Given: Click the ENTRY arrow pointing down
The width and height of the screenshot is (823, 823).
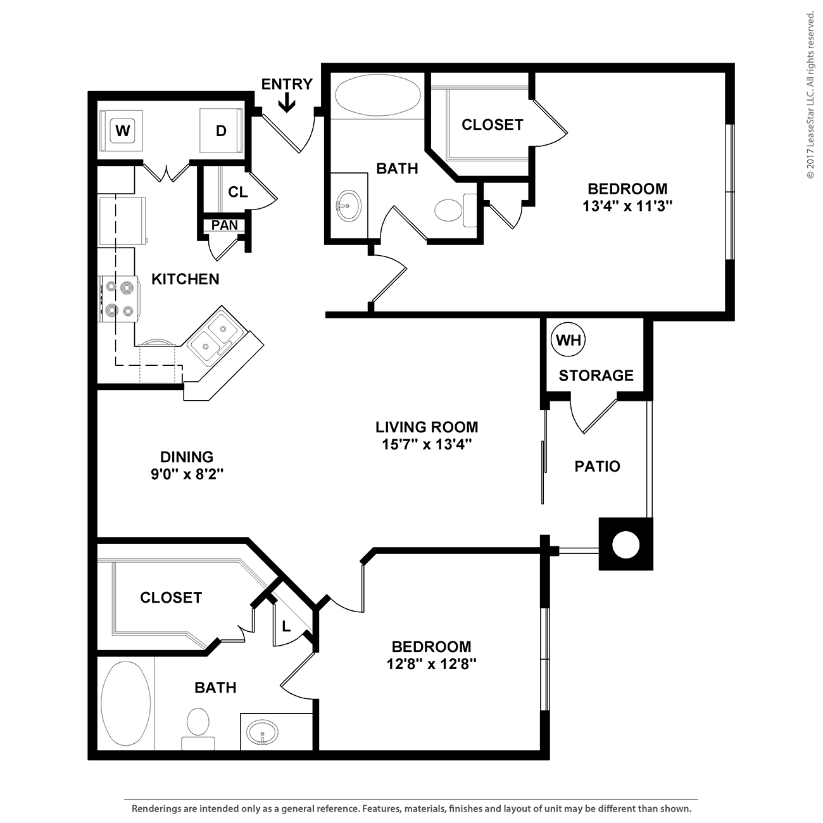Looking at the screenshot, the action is (x=287, y=103).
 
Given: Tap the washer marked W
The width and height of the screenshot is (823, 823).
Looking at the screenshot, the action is (x=122, y=130).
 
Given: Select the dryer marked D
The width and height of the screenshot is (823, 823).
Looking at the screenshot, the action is (x=221, y=130).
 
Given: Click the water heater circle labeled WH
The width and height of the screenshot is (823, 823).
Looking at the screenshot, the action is (x=568, y=339).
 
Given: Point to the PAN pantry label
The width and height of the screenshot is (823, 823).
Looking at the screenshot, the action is (x=224, y=225).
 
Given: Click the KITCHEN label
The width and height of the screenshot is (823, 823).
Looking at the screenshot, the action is (x=185, y=279).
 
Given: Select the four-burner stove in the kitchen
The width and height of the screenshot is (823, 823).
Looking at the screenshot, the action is (x=119, y=299).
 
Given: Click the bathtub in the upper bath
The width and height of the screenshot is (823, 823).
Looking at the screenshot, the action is (x=377, y=95).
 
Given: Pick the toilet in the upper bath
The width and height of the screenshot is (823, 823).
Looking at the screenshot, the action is (x=456, y=210).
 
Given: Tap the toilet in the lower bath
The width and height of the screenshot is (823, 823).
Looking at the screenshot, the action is (x=198, y=729).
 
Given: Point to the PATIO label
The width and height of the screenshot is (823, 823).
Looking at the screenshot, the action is (x=597, y=467).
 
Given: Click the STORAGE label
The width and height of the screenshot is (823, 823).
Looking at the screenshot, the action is (x=596, y=375).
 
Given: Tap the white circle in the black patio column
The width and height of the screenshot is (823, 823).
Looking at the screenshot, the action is (x=625, y=545).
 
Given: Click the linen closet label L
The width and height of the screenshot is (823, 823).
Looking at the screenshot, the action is (x=286, y=627).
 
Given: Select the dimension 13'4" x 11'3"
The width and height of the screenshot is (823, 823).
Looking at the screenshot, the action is (x=627, y=206).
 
